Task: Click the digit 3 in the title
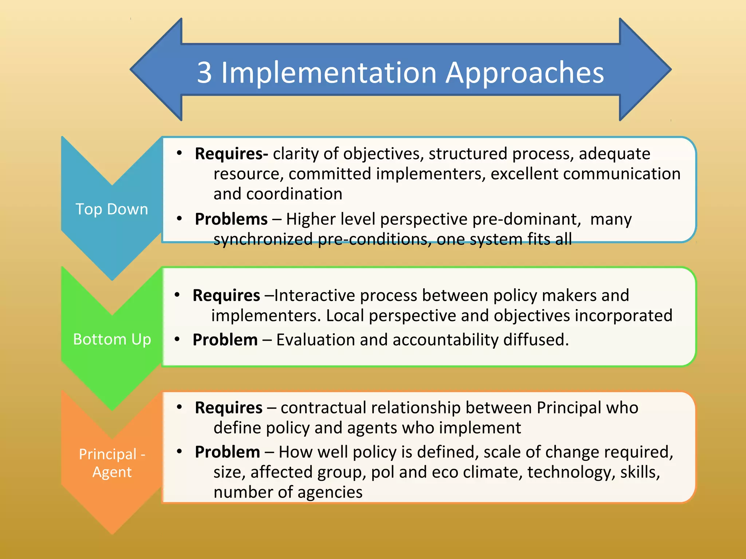click(204, 72)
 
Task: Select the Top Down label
click(112, 209)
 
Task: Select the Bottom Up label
click(112, 339)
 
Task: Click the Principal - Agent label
click(112, 463)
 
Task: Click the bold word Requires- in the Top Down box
click(231, 154)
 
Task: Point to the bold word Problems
click(231, 219)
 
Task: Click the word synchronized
click(263, 239)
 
